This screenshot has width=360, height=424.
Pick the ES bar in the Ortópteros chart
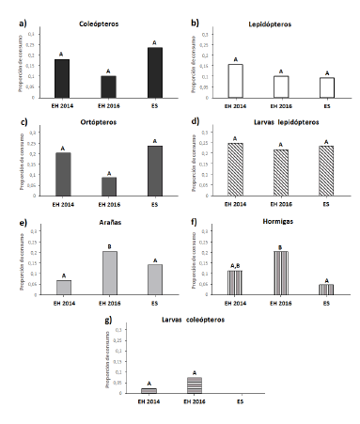[x=155, y=172]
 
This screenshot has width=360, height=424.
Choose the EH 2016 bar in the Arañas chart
[x=108, y=273]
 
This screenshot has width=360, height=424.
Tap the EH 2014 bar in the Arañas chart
[x=63, y=287]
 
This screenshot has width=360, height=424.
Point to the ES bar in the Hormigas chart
[x=325, y=289]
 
